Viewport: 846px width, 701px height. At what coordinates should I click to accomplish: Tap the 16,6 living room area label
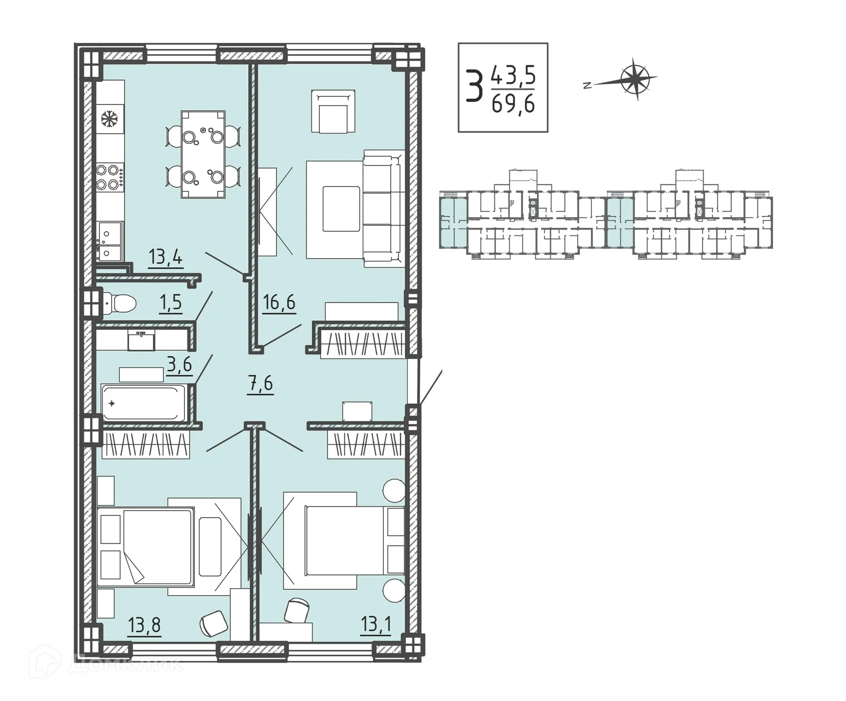(279, 303)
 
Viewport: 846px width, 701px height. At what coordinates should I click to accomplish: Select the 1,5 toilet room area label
(171, 303)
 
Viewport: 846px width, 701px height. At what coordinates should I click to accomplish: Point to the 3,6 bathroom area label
(179, 365)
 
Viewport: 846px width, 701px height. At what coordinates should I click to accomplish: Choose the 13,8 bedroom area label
(145, 625)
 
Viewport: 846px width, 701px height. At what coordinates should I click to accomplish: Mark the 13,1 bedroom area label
(375, 624)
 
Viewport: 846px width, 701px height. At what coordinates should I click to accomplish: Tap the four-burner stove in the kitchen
(109, 177)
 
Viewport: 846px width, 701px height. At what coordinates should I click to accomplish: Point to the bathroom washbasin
(141, 341)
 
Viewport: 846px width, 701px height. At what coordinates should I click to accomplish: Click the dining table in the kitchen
(203, 154)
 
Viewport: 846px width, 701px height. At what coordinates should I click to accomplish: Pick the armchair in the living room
(333, 111)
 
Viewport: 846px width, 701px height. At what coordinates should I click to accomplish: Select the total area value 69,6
(513, 104)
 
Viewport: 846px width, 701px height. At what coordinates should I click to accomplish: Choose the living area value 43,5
(513, 75)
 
